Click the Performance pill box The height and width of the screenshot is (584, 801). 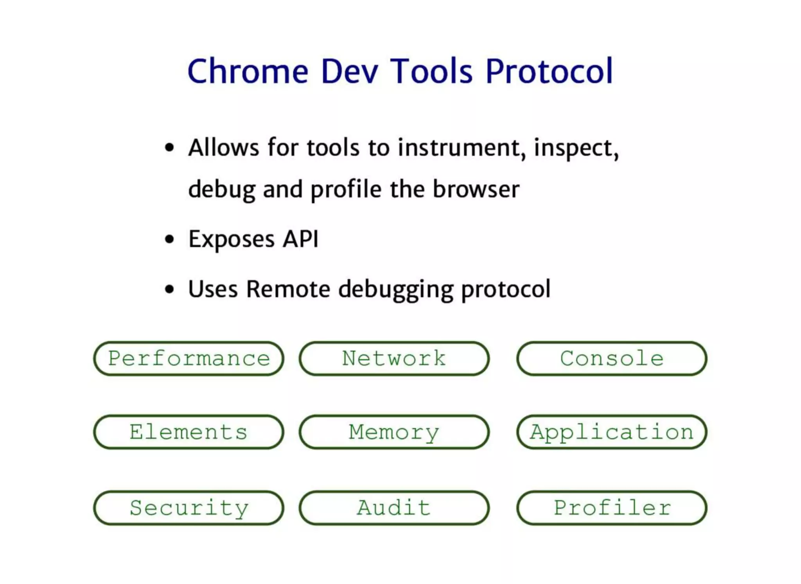coord(189,358)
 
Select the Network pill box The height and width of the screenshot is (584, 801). coord(394,358)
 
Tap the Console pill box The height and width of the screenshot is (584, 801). coord(612,358)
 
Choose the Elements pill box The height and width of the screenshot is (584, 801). coord(189,432)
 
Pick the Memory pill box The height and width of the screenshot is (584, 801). coord(394,432)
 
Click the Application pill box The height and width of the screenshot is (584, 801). coord(612,432)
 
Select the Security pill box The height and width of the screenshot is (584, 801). coord(189,508)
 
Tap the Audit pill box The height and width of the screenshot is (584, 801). coord(394,508)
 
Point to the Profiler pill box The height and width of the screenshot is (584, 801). coord(612,508)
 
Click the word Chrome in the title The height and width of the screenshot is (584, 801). coord(248,71)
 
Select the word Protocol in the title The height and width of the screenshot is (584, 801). coord(549,71)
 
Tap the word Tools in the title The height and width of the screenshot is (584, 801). coord(432,71)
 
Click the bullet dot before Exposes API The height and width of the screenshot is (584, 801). coord(169,239)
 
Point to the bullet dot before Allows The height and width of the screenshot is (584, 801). coord(169,148)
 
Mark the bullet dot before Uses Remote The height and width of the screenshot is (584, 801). coord(169,289)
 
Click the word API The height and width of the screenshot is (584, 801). coord(300,239)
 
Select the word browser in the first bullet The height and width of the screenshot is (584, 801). coord(476,189)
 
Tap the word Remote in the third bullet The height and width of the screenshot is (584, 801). coord(288,289)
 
